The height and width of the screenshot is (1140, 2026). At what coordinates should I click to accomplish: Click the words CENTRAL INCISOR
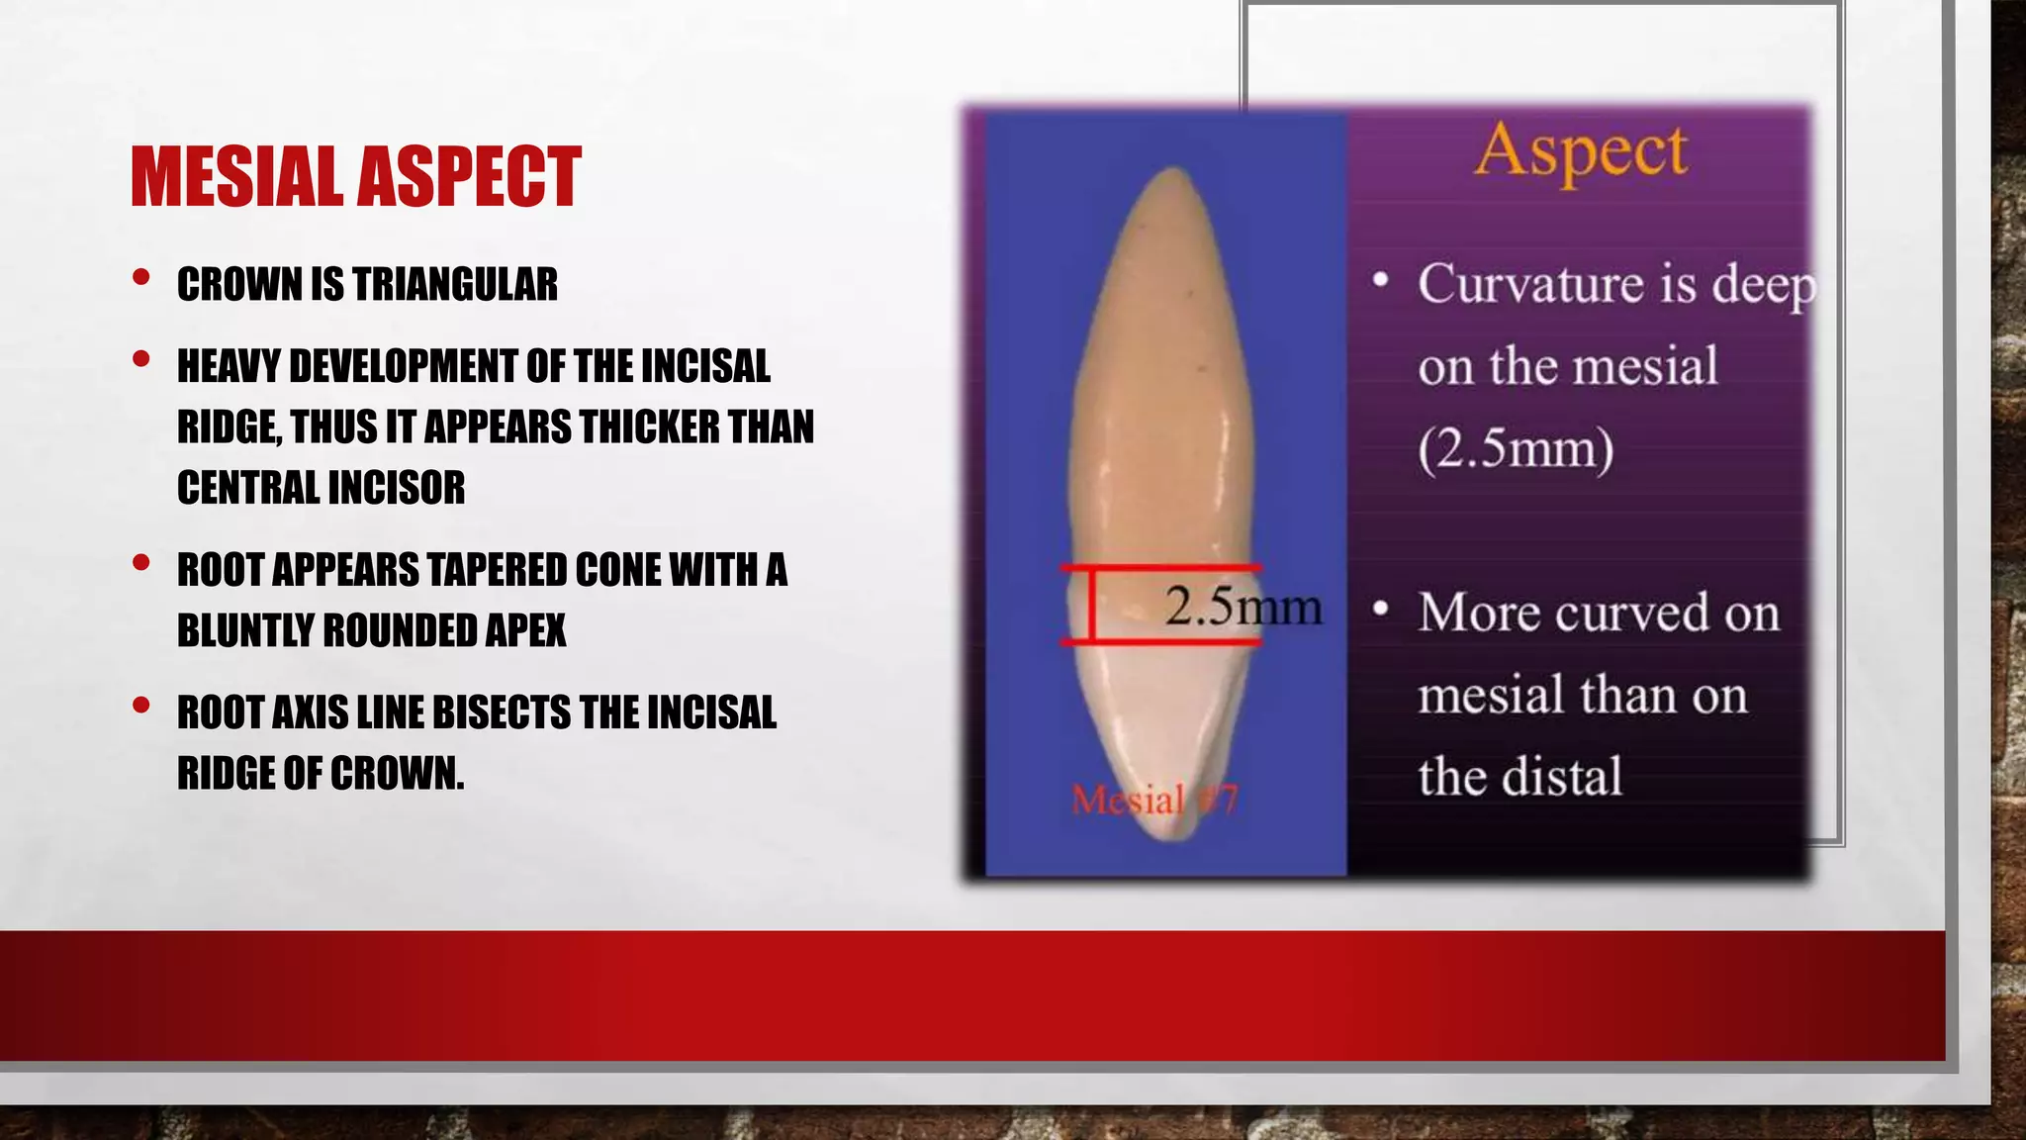321,488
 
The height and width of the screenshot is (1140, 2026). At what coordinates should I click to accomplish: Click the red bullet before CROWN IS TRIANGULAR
141,278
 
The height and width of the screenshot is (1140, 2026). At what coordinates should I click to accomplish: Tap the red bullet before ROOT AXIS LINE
141,706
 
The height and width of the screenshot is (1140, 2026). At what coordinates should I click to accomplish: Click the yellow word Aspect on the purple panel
1580,152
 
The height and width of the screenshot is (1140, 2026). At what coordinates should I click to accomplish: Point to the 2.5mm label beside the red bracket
1243,606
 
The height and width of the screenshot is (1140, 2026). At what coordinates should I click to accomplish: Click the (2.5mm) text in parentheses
1515,449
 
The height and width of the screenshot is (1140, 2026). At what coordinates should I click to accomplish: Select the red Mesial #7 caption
1153,800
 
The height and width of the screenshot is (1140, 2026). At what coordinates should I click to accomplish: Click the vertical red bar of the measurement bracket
1091,605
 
